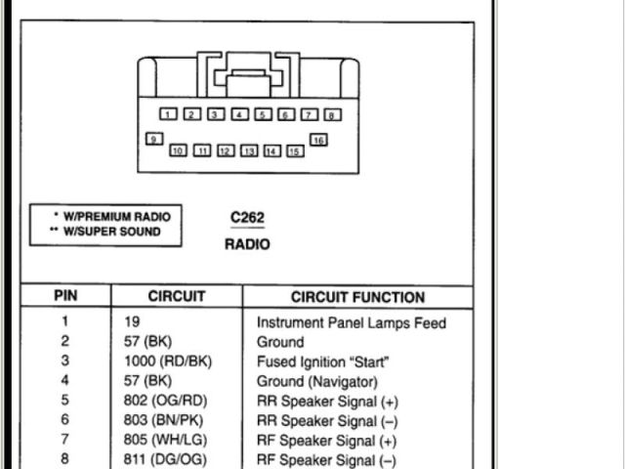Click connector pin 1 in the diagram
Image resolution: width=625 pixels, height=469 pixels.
click(x=169, y=115)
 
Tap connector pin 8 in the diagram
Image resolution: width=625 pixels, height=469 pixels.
click(x=333, y=115)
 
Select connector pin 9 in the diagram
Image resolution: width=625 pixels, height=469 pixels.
click(x=153, y=140)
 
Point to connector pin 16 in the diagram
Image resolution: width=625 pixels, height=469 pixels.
click(x=318, y=141)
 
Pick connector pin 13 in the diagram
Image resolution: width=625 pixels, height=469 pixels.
click(x=248, y=151)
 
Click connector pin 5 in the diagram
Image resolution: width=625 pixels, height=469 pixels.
click(x=264, y=115)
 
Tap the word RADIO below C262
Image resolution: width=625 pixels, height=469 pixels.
click(x=247, y=244)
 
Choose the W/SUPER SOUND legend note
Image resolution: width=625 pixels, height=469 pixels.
click(x=105, y=232)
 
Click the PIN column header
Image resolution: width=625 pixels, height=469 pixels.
click(x=65, y=297)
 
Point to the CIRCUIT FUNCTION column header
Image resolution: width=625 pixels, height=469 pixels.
click(x=357, y=297)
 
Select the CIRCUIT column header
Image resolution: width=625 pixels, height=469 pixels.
click(x=177, y=297)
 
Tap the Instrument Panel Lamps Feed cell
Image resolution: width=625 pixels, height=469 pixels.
click(x=351, y=322)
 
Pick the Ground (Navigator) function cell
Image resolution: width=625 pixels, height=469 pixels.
click(x=316, y=381)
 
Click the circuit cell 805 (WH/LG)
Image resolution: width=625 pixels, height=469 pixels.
click(x=165, y=440)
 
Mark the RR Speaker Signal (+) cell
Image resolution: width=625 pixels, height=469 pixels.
click(x=327, y=402)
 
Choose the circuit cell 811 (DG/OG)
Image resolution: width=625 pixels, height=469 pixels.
click(x=165, y=459)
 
